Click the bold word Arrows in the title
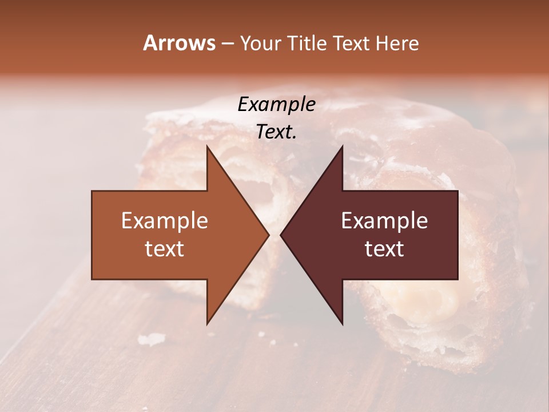click(179, 43)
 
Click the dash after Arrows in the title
click(227, 44)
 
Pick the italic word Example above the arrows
click(276, 105)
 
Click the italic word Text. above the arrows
click(276, 132)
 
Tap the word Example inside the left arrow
click(165, 221)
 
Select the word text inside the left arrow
click(165, 249)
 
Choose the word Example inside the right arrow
click(384, 221)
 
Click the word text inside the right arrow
click(384, 249)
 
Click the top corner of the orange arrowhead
click(207, 146)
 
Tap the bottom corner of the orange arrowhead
click(207, 324)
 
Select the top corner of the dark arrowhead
click(342, 146)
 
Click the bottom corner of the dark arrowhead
click(342, 324)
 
